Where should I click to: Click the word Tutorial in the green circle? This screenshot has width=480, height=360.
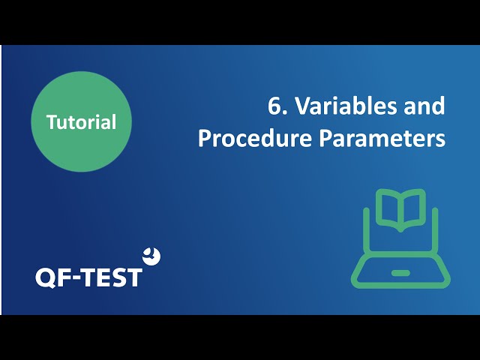(x=82, y=121)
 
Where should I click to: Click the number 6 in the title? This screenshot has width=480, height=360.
(x=274, y=106)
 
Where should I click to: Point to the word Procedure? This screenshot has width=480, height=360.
(x=255, y=138)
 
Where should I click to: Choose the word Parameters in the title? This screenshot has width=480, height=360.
(x=382, y=138)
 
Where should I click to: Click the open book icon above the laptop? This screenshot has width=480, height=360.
(x=400, y=210)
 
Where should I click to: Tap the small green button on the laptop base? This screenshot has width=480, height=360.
(x=400, y=273)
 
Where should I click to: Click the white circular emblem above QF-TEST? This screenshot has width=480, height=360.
(x=151, y=256)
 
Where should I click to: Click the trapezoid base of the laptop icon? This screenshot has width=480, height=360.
(x=400, y=272)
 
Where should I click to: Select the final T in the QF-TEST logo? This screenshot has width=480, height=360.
(x=133, y=277)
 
